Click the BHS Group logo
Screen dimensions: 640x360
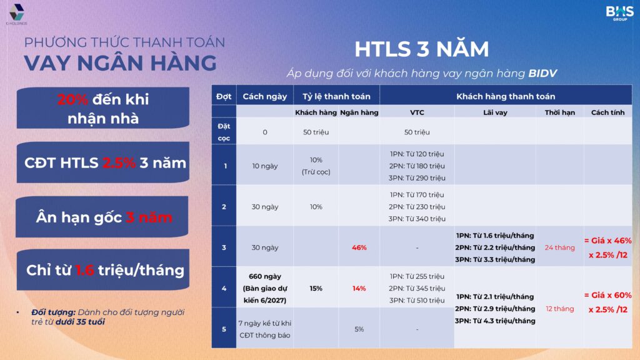tap(619, 13)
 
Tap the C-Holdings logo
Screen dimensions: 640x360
tap(17, 14)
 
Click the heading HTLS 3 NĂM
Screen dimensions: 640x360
tap(422, 49)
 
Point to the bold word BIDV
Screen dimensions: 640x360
tap(542, 73)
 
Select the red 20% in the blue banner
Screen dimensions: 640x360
tap(72, 99)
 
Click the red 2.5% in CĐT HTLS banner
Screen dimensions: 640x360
tap(119, 163)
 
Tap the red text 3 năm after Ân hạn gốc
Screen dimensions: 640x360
tap(149, 217)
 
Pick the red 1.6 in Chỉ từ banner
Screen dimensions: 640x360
tap(84, 270)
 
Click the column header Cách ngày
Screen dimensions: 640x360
tap(265, 96)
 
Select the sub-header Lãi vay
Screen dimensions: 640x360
tap(495, 112)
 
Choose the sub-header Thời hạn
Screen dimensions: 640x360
tap(559, 112)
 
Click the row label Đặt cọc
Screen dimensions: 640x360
tap(224, 132)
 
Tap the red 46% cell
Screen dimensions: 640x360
tap(359, 247)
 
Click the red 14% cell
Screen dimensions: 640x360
tap(359, 288)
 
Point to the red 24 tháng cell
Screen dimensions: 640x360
tap(559, 247)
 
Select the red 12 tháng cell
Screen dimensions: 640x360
tap(559, 309)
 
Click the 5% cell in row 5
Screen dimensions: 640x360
tap(359, 329)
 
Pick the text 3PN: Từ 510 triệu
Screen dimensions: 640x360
tap(417, 301)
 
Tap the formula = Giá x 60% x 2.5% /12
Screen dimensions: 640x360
tap(607, 302)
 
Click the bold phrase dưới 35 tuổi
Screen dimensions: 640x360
tap(80, 322)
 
